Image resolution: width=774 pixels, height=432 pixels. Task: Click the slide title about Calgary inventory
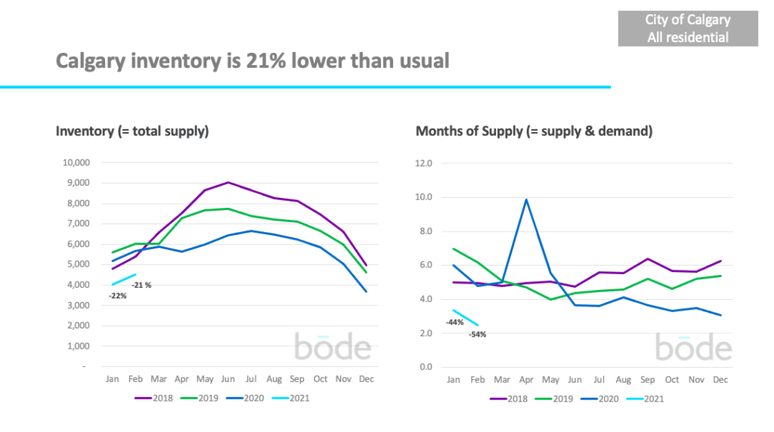pos(252,60)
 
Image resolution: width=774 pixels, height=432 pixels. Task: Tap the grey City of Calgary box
pos(688,29)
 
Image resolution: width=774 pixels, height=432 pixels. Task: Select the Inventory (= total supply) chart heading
pos(132,131)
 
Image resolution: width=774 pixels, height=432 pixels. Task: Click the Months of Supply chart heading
pos(534,131)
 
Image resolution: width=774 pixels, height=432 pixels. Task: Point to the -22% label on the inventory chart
pos(117,296)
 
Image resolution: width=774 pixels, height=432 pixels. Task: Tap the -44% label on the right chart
pos(455,322)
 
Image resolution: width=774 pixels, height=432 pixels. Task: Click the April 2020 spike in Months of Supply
pos(526,200)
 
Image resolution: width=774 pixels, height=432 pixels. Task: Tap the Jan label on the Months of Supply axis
pos(454,379)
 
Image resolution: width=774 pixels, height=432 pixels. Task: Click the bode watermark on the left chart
pos(333,348)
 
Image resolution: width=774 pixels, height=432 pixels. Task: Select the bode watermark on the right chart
pos(693,348)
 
